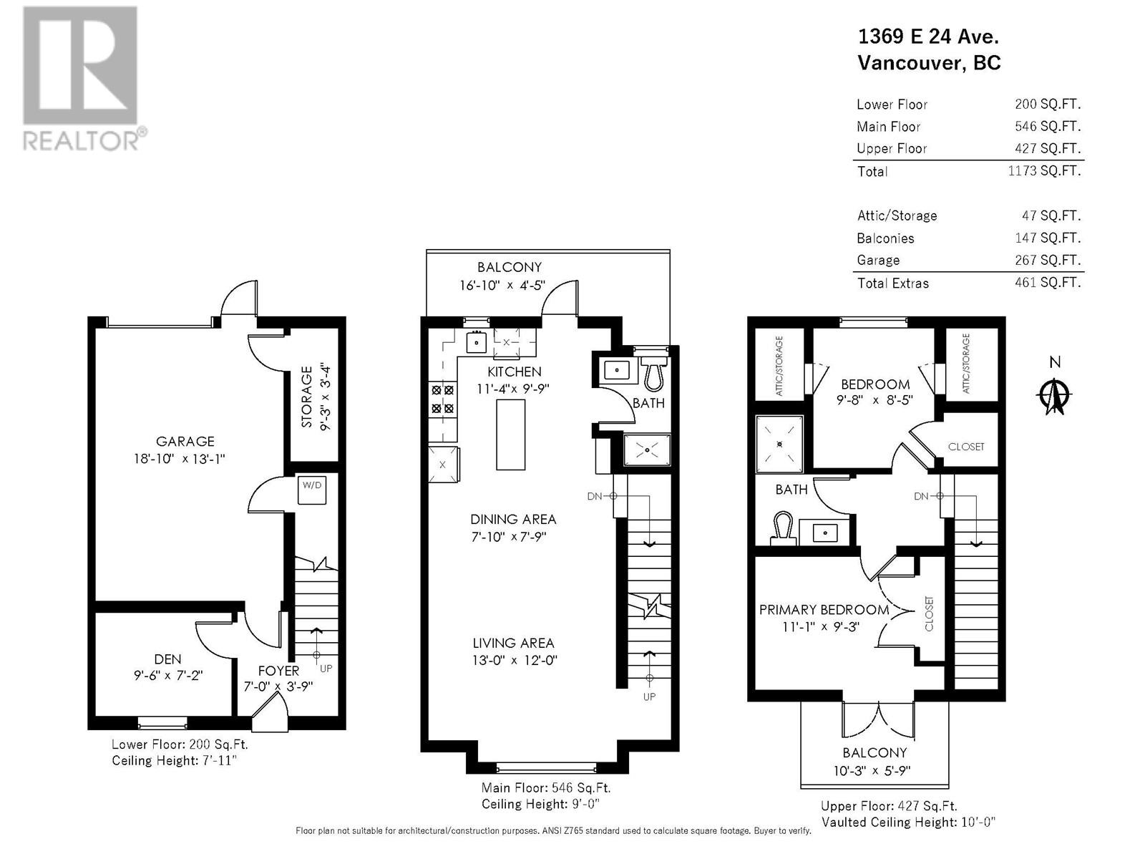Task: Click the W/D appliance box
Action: click(312, 490)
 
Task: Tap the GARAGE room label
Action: click(185, 442)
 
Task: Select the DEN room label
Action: click(167, 659)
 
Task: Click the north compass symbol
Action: click(1055, 394)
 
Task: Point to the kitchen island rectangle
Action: click(510, 435)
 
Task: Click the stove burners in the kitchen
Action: click(442, 399)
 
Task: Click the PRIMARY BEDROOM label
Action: click(824, 610)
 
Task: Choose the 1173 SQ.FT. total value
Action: click(1044, 171)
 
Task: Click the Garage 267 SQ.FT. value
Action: click(1047, 260)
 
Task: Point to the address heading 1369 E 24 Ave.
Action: click(928, 37)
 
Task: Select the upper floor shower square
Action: click(780, 444)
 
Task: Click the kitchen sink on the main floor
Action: click(477, 343)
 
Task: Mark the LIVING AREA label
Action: click(513, 643)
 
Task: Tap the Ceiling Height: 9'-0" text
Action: click(540, 804)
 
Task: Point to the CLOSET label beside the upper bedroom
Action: click(965, 447)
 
